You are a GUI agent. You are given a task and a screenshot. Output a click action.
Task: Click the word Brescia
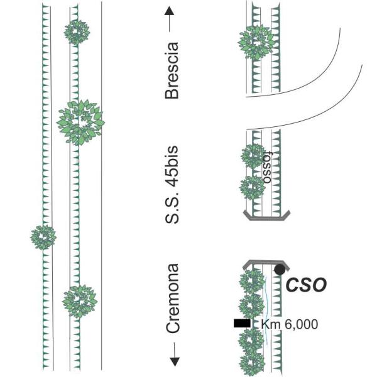171,70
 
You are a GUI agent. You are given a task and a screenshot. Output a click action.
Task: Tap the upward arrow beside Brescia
172,18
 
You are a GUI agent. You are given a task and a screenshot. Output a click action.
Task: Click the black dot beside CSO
280,270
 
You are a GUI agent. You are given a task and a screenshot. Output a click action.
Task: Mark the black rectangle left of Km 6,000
241,323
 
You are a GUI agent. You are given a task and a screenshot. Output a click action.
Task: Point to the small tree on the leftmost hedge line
43,237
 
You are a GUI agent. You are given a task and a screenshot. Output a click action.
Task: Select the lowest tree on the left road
79,301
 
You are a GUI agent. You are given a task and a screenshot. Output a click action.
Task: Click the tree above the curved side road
256,42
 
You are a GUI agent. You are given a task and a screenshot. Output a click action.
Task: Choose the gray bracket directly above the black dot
266,263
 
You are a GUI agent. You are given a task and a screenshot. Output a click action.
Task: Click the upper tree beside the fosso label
253,156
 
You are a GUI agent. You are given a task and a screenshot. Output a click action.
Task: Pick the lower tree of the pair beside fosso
253,187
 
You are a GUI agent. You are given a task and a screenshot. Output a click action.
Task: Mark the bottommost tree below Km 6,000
252,359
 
